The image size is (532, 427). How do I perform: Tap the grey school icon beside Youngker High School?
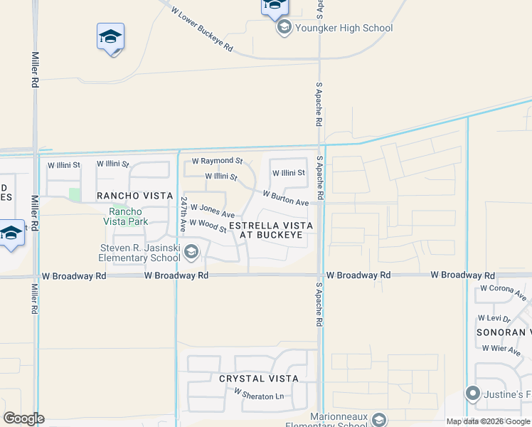click(284, 28)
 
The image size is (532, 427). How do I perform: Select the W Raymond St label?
click(218, 162)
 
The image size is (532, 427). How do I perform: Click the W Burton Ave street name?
click(285, 198)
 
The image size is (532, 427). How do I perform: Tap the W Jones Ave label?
click(212, 211)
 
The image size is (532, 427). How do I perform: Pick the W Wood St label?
click(208, 226)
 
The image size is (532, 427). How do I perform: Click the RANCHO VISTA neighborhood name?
click(134, 196)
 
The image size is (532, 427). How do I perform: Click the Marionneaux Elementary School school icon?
click(378, 420)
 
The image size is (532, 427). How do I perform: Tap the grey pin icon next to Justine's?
click(472, 394)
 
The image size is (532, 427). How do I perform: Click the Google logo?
click(23, 418)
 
